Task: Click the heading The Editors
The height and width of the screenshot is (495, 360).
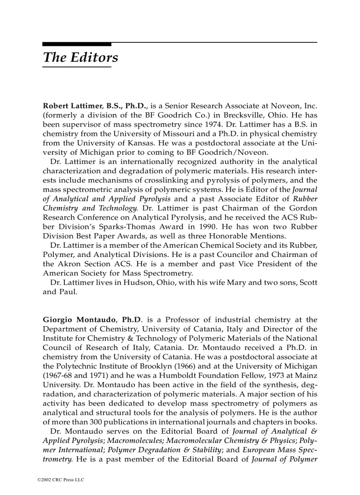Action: tap(80, 58)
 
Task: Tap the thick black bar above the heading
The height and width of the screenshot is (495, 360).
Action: tap(77, 44)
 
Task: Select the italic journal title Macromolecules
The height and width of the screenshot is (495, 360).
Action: tap(135, 441)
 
